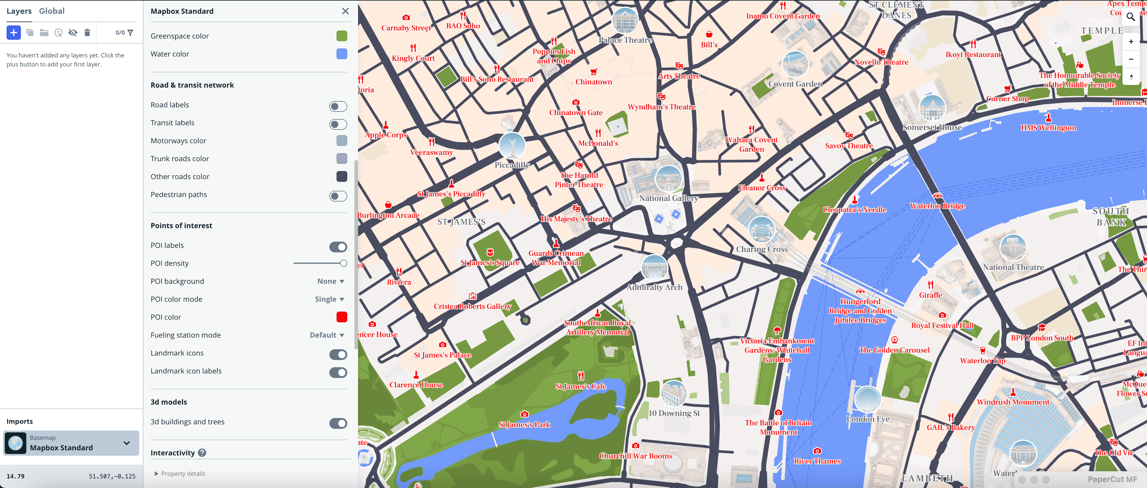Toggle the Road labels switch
point(338,106)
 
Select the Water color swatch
point(342,54)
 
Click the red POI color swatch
point(342,317)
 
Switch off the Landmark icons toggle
point(338,355)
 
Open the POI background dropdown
point(331,281)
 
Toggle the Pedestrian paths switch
point(338,196)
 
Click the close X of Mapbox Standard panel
point(345,11)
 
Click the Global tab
point(52,11)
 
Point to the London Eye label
point(867,419)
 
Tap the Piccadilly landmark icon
point(512,145)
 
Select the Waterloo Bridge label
point(937,206)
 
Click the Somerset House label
point(932,127)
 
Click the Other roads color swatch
point(342,176)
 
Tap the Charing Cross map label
point(761,249)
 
